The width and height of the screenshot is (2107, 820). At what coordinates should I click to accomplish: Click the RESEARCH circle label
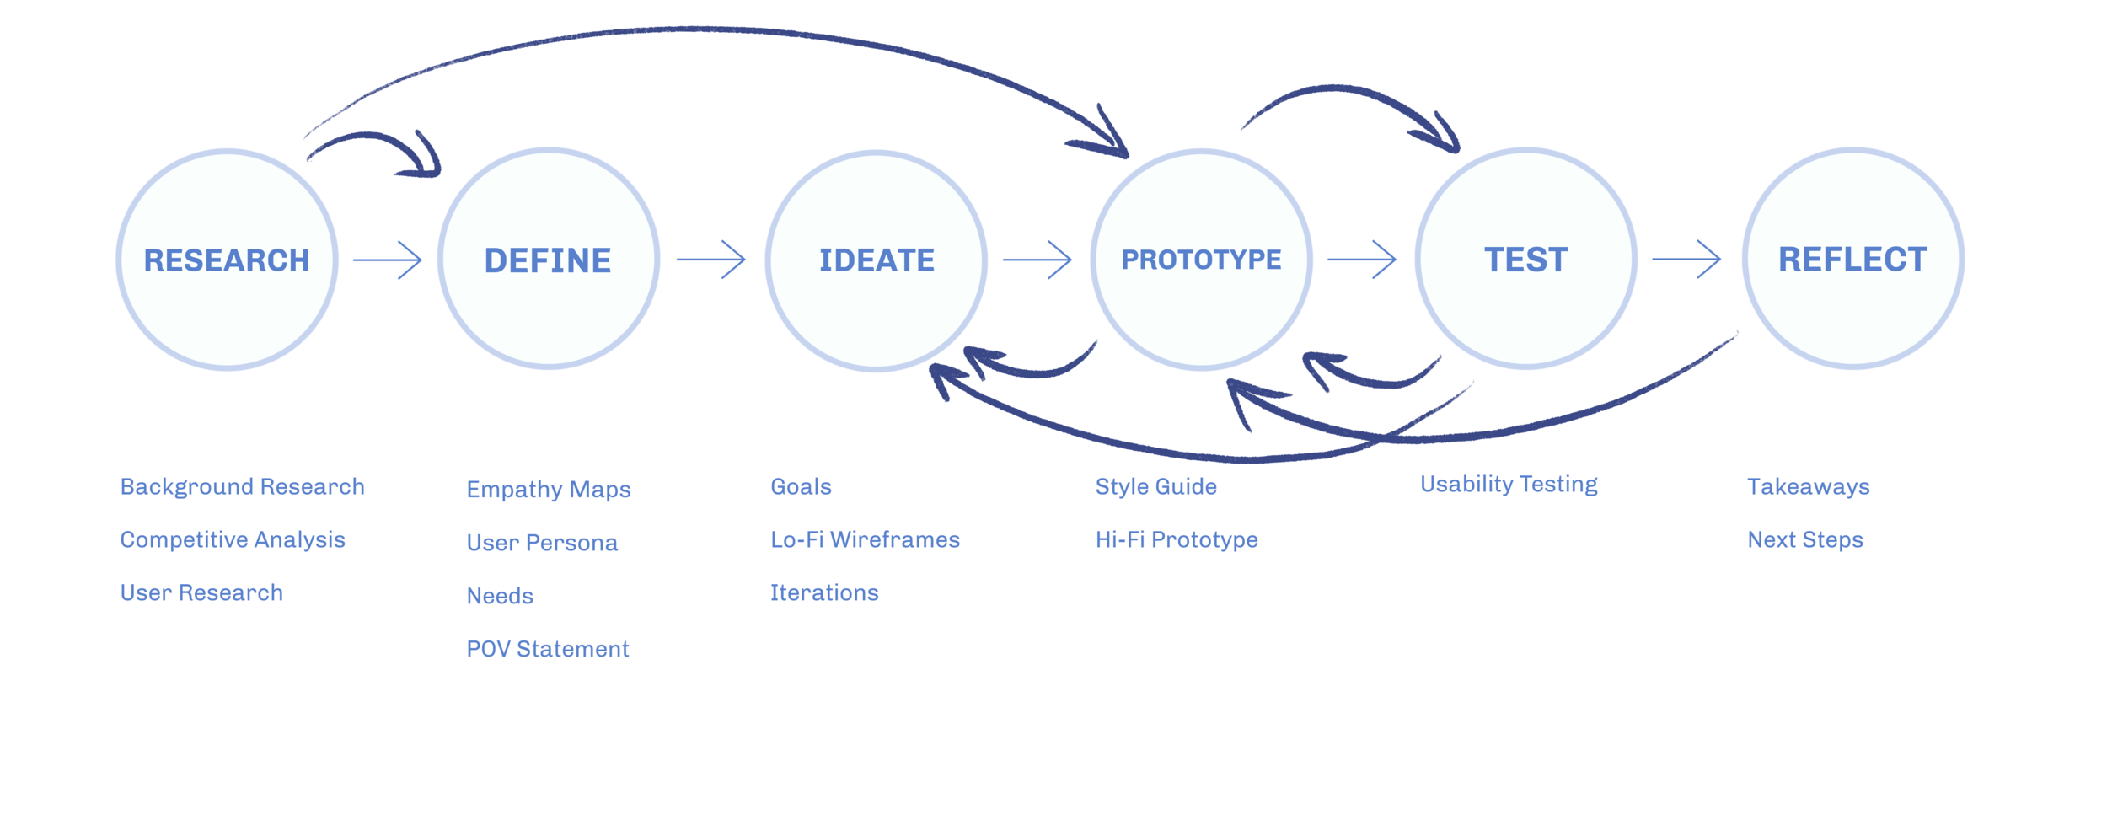[x=227, y=260]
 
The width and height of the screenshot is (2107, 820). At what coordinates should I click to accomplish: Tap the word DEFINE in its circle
[x=548, y=260]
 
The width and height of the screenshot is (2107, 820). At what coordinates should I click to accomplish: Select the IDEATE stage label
[x=877, y=260]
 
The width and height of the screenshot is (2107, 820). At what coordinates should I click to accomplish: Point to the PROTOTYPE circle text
[x=1201, y=260]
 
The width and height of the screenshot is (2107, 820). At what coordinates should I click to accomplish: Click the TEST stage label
[x=1525, y=260]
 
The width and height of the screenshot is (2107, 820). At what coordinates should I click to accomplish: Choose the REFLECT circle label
[x=1852, y=260]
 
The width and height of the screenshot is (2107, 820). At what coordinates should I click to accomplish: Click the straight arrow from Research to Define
[x=387, y=260]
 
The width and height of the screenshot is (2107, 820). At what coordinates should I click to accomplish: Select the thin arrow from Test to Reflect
[x=1686, y=260]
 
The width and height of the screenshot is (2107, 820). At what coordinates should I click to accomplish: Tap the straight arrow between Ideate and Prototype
[x=1037, y=260]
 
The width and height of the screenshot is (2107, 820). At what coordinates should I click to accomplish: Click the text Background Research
[x=242, y=487]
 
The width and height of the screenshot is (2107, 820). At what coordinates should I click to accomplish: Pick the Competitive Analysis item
[x=233, y=540]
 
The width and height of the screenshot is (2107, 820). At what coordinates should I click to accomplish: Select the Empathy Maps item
[x=549, y=490]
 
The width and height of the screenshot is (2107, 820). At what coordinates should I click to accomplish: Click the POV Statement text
[x=548, y=649]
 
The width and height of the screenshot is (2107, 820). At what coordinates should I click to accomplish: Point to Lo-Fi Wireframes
[x=865, y=540]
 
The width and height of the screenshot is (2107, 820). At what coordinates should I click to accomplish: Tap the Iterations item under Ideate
[x=824, y=593]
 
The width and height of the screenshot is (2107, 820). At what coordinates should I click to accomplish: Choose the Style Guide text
[x=1155, y=487]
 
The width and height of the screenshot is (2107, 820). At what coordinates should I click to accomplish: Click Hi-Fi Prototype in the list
[x=1177, y=540]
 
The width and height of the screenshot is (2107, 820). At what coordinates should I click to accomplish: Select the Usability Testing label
[x=1509, y=485]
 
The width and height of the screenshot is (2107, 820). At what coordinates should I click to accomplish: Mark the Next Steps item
[x=1805, y=540]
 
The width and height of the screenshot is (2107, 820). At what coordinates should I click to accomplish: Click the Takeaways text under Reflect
[x=1808, y=487]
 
